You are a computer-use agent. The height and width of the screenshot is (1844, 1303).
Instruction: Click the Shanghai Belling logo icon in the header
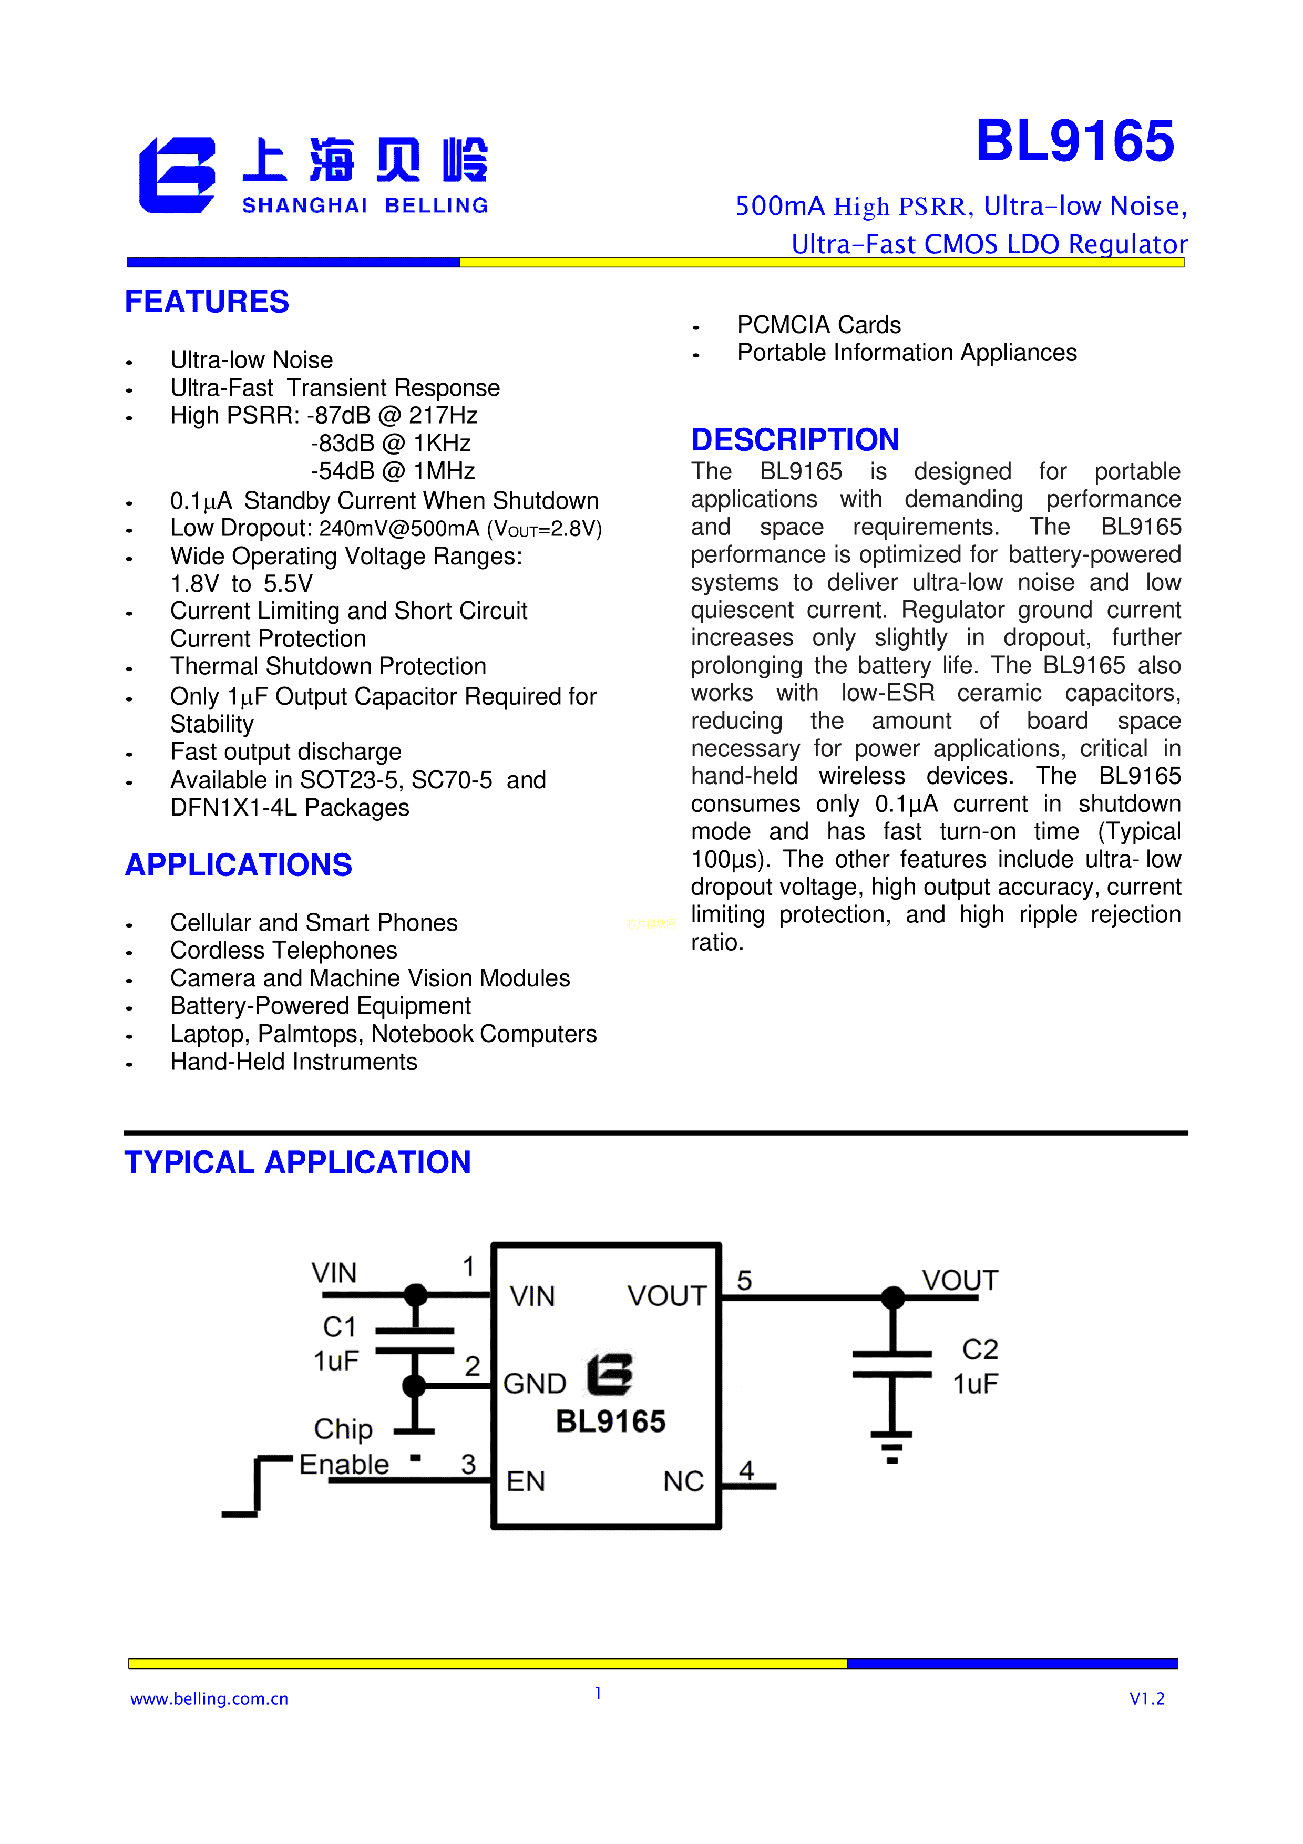pyautogui.click(x=177, y=175)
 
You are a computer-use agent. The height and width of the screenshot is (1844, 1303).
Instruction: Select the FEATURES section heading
pyautogui.click(x=207, y=302)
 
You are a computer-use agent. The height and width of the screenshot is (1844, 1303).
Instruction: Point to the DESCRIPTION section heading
pyautogui.click(x=795, y=440)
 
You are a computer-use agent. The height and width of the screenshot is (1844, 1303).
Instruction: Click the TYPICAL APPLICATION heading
pyautogui.click(x=297, y=1162)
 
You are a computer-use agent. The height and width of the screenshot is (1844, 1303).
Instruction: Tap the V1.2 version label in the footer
pyautogui.click(x=1146, y=1698)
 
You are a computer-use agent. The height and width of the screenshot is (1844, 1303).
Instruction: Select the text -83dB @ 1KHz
pyautogui.click(x=391, y=444)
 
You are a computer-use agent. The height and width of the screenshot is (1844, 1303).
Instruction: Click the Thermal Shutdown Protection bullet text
pyautogui.click(x=328, y=666)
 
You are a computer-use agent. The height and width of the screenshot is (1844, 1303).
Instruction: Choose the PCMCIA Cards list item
pyautogui.click(x=818, y=325)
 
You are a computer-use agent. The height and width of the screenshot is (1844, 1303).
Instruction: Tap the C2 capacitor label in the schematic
pyautogui.click(x=980, y=1349)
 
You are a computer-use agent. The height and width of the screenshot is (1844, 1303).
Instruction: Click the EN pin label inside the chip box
pyautogui.click(x=526, y=1481)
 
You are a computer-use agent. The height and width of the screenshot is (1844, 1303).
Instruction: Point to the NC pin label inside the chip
pyautogui.click(x=683, y=1481)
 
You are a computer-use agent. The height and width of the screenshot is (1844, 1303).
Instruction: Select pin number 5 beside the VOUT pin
pyautogui.click(x=745, y=1280)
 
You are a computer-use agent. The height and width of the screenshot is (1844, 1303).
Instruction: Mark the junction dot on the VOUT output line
pyautogui.click(x=892, y=1297)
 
